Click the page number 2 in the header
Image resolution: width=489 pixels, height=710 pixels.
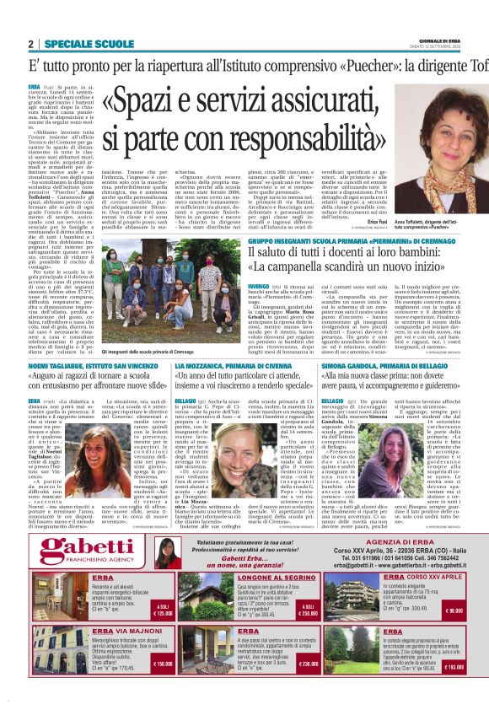pyautogui.click(x=30, y=44)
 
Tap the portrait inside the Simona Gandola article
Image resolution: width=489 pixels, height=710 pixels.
pyautogui.click(x=396, y=452)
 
